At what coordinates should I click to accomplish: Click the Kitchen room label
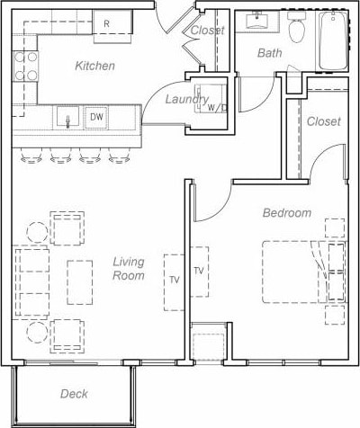click(x=94, y=66)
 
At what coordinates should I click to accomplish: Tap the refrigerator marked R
click(x=106, y=23)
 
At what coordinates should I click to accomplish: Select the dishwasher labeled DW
click(x=95, y=117)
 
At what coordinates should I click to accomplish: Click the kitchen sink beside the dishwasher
click(x=67, y=117)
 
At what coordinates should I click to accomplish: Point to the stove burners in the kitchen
click(x=25, y=65)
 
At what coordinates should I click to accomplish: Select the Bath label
click(x=269, y=53)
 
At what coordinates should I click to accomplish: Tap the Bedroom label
click(x=287, y=213)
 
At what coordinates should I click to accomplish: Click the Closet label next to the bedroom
click(x=323, y=121)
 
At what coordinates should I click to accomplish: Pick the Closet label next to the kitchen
click(x=207, y=31)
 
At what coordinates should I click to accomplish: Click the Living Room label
click(x=129, y=269)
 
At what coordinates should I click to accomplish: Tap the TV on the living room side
click(x=174, y=279)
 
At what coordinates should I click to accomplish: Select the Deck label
click(x=74, y=394)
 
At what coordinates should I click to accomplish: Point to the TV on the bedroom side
click(x=199, y=271)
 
